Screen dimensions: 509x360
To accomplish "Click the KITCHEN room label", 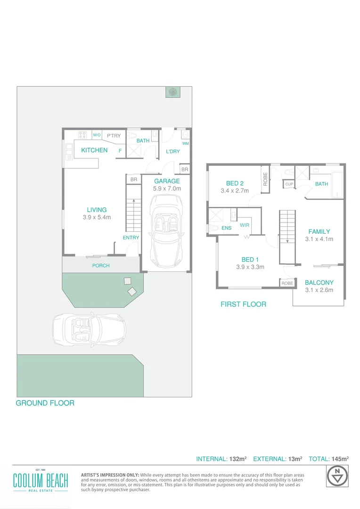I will coord(94,150).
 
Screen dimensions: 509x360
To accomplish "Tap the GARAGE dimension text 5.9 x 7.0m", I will coord(167,189).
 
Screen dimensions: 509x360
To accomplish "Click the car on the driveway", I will coord(89,328).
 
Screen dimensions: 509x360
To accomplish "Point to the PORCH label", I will coord(101,266).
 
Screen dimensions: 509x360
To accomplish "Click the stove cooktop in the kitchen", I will coord(82,135).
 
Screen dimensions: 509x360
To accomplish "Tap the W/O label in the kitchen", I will coord(97,135).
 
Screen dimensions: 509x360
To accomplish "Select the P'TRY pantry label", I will coord(114,136).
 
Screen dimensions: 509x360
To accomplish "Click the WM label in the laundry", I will coord(185,143).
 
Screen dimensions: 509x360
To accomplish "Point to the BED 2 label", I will coord(234,183).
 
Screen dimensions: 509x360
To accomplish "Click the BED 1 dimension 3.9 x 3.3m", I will coord(250,267).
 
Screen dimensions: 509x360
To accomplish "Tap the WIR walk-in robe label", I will coord(245,225).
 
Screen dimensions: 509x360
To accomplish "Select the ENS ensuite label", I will coord(226,228).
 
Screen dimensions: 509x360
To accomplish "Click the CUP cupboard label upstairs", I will coord(289,184).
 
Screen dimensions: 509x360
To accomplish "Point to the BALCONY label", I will coord(319,283).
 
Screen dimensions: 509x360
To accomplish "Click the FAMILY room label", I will coord(319,231).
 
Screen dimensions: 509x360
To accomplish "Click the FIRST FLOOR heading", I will coord(243,304).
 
